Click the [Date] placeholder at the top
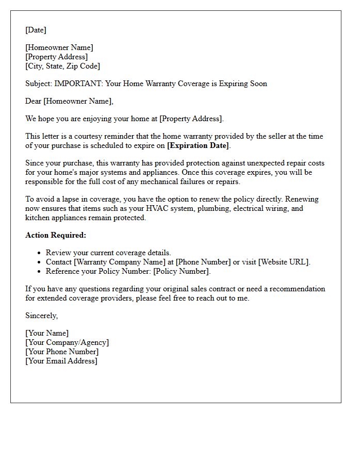pyautogui.click(x=36, y=30)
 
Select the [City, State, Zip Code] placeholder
pyautogui.click(x=62, y=66)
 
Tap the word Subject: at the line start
pyautogui.click(x=39, y=84)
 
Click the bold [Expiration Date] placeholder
pyautogui.click(x=198, y=145)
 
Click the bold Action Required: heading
pyautogui.click(x=56, y=235)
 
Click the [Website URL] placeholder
pyautogui.click(x=283, y=262)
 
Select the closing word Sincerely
pyautogui.click(x=41, y=316)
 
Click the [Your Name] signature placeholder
pyautogui.click(x=47, y=333)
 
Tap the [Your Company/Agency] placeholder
pyautogui.click(x=67, y=342)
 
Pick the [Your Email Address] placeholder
pyautogui.click(x=61, y=361)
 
